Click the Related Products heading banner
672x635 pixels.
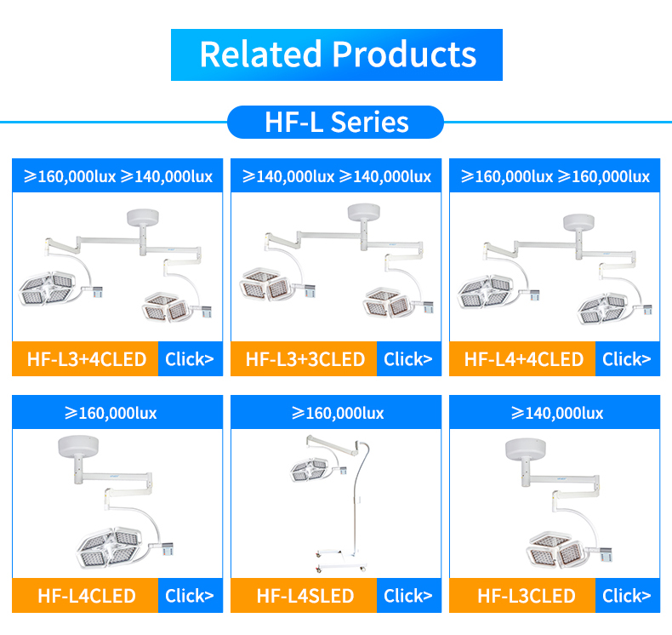click(337, 54)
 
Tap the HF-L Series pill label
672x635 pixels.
click(335, 123)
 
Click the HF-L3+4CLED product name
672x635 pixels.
click(87, 359)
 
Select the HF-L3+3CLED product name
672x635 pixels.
click(305, 359)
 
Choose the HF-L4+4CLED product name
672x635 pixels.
click(524, 359)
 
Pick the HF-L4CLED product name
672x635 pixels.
click(87, 596)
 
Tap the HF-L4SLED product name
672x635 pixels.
click(305, 596)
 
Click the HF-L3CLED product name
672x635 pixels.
click(527, 596)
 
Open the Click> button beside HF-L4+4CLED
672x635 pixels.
click(628, 359)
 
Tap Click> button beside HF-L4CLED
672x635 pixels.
click(191, 596)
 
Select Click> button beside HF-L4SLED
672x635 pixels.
click(409, 596)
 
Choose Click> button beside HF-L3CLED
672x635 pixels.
click(628, 596)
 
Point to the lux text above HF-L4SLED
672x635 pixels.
click(338, 413)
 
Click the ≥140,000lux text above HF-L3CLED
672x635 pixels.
click(557, 413)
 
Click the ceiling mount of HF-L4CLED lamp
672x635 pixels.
click(78, 446)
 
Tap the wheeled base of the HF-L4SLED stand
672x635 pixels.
click(341, 560)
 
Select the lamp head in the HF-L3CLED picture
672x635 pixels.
click(554, 551)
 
